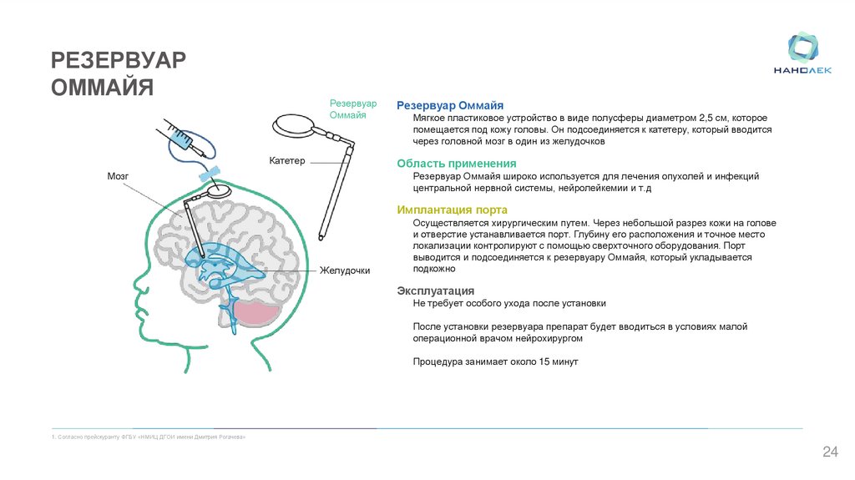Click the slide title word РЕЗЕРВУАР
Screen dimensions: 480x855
click(119, 60)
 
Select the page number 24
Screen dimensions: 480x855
click(830, 452)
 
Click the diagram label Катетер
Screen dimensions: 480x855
click(287, 159)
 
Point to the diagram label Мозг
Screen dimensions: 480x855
click(117, 176)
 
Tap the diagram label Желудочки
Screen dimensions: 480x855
click(344, 270)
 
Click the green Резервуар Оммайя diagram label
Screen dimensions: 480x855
click(353, 109)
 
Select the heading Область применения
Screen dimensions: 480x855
click(456, 164)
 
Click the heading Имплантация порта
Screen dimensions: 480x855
click(452, 210)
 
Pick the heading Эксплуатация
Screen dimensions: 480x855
click(436, 291)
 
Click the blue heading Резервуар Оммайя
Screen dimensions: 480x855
click(450, 106)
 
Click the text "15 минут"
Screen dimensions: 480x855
click(554, 361)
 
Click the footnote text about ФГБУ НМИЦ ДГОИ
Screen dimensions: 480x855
click(149, 437)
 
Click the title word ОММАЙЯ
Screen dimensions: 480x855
click(103, 88)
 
